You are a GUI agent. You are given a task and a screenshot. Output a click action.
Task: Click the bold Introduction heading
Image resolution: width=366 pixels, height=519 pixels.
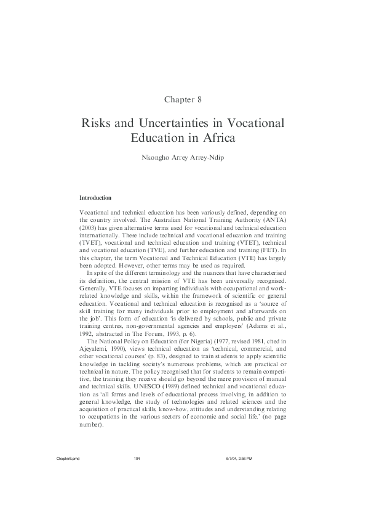[x=95, y=198]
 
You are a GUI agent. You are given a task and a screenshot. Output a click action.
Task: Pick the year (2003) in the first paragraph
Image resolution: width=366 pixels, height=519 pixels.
[x=89, y=228]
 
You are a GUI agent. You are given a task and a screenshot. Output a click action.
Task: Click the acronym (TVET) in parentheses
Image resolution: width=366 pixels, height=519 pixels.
[x=90, y=243]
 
